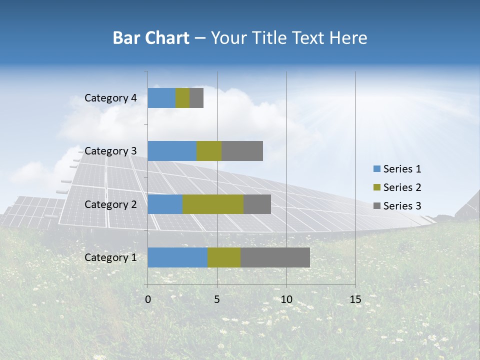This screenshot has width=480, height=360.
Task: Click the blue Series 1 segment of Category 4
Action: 161,98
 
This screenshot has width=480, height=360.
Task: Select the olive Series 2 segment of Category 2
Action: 213,204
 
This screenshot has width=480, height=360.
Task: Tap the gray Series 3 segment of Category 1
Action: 275,257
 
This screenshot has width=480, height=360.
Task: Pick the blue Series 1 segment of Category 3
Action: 172,151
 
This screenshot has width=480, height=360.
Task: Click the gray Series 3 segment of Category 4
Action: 196,98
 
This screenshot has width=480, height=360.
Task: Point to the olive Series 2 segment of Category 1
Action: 224,257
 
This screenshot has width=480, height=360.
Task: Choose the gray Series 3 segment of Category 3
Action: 242,151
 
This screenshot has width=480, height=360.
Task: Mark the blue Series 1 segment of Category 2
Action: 165,204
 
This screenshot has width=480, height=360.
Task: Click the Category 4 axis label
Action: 110,98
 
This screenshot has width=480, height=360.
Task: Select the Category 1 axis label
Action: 110,257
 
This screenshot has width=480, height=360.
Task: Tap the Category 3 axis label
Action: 110,151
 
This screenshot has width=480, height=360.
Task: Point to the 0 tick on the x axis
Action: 147,299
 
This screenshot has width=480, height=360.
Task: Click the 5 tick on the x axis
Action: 217,299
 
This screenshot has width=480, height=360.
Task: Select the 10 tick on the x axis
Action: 286,299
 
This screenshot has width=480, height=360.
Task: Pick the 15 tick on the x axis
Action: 355,299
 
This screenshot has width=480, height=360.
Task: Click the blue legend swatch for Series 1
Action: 376,169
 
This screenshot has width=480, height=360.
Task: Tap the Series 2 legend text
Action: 402,187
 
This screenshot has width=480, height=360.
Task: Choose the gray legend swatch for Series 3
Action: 376,206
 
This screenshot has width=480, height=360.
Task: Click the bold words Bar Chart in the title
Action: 151,38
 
